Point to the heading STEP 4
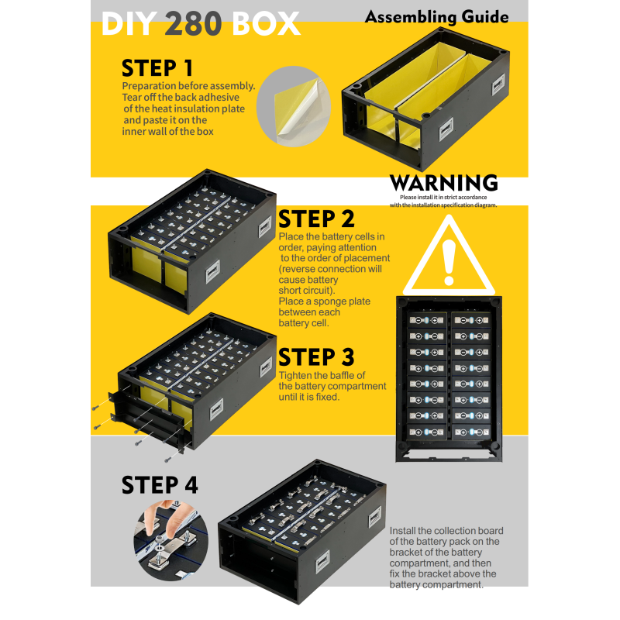pos(159,485)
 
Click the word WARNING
pos(443,183)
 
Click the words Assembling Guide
pos(436,17)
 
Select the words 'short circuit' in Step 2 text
pos(299,290)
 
